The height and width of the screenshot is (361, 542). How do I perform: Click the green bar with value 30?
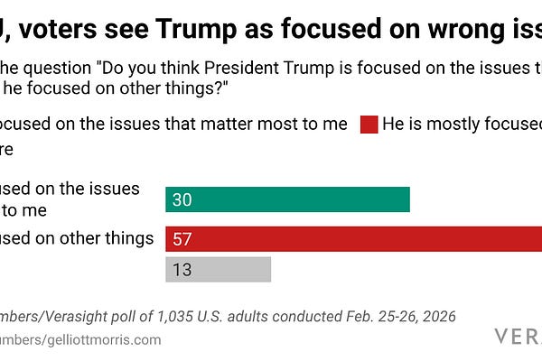click(287, 199)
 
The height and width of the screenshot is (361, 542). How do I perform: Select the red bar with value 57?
click(353, 238)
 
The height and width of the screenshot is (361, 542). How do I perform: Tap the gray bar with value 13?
click(218, 269)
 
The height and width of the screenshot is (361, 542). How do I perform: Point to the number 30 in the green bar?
click(182, 199)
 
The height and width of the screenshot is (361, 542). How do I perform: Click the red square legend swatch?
click(369, 125)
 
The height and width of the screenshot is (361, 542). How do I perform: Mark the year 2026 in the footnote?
click(435, 316)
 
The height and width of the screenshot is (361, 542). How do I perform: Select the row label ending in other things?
click(77, 238)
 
